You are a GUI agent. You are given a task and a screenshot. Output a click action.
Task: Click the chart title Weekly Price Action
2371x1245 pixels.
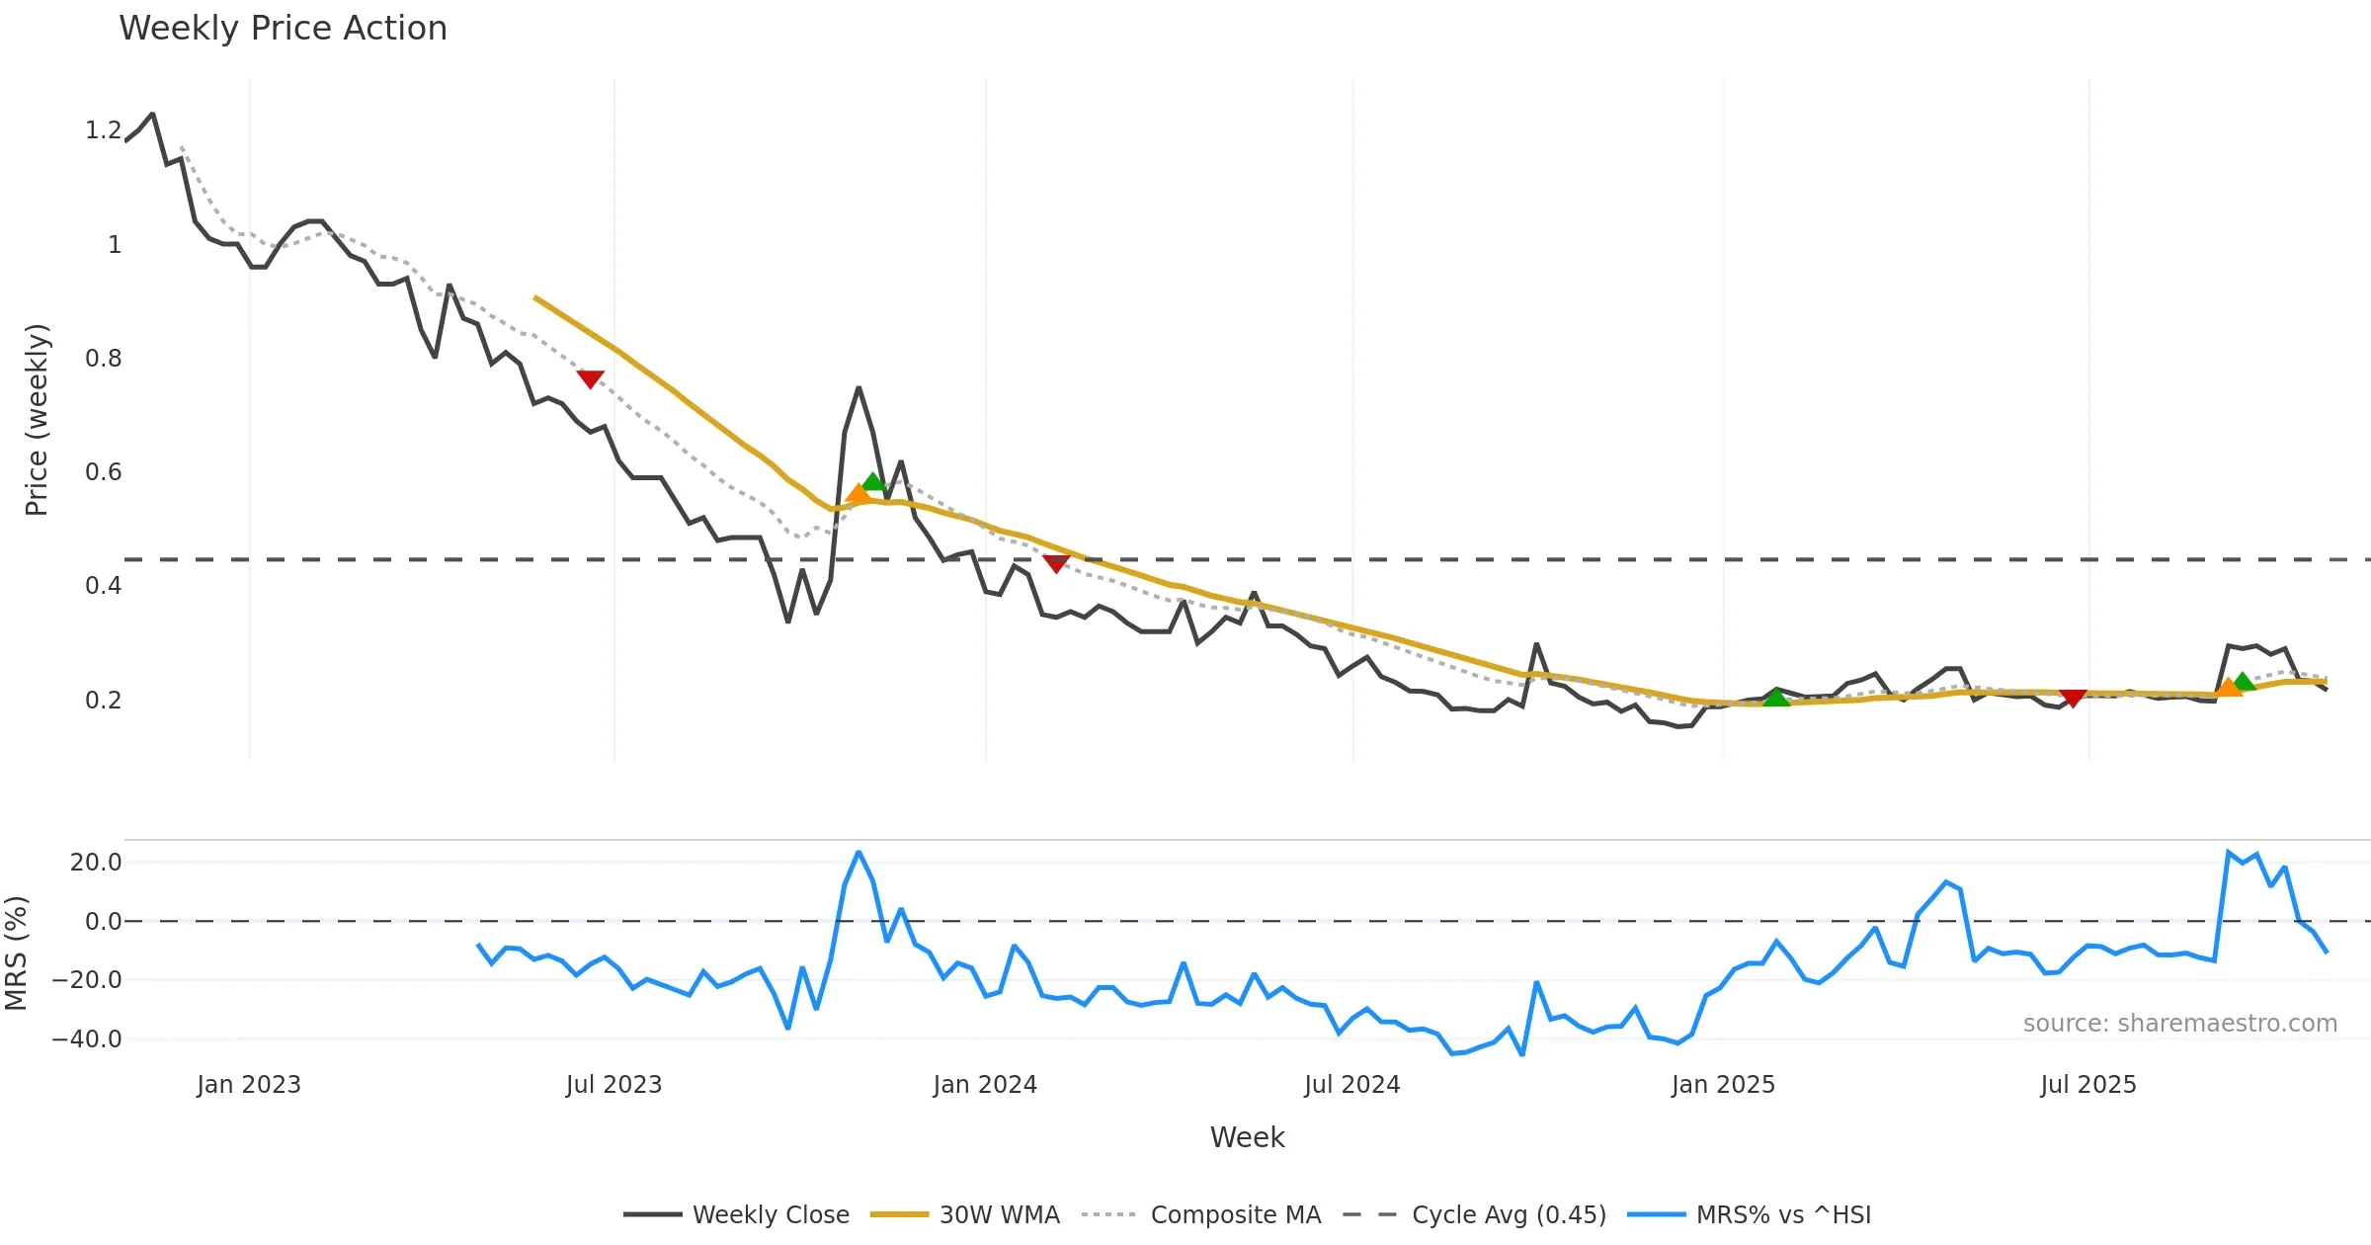[283, 29]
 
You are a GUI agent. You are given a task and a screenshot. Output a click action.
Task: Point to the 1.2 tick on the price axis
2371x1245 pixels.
[103, 130]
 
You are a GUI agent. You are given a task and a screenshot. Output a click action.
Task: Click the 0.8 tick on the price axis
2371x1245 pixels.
[103, 359]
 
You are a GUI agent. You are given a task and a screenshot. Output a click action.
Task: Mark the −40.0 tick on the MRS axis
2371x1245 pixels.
[87, 1039]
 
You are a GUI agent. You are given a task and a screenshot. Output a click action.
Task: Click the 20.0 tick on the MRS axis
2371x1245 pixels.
[95, 863]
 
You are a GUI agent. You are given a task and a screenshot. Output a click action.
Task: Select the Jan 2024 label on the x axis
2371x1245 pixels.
[985, 1085]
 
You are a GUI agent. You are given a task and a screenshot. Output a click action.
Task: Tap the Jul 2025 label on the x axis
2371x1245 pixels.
[2088, 1085]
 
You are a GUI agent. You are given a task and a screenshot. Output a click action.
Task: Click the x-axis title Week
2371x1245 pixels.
[1247, 1138]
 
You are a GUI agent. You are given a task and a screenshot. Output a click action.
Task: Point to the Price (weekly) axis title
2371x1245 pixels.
[37, 420]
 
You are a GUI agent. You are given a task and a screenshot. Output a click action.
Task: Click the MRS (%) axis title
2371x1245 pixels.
[16, 954]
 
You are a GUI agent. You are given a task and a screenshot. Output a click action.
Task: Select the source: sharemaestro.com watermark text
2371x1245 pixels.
[2179, 1024]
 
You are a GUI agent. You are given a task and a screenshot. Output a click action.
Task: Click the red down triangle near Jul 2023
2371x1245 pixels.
[590, 378]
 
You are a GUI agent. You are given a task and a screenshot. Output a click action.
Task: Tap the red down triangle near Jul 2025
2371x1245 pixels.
[2073, 698]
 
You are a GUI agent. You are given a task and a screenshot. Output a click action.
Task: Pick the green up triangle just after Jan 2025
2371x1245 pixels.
[1776, 698]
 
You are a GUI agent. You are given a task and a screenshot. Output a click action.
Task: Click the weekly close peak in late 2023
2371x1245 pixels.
[858, 388]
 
